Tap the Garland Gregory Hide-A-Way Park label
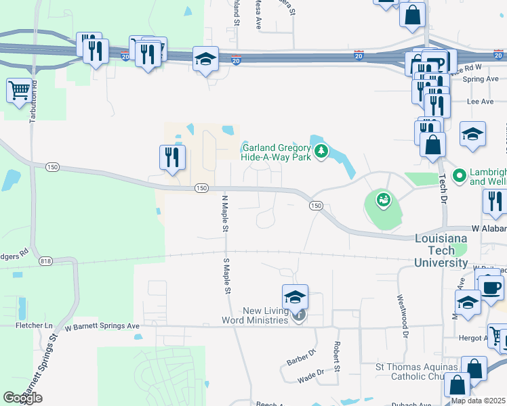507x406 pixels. (276, 153)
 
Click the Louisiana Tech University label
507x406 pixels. (441, 250)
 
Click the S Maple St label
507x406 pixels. (226, 275)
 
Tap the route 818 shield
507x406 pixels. (46, 261)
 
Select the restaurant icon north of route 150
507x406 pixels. (172, 157)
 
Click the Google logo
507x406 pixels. (22, 398)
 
